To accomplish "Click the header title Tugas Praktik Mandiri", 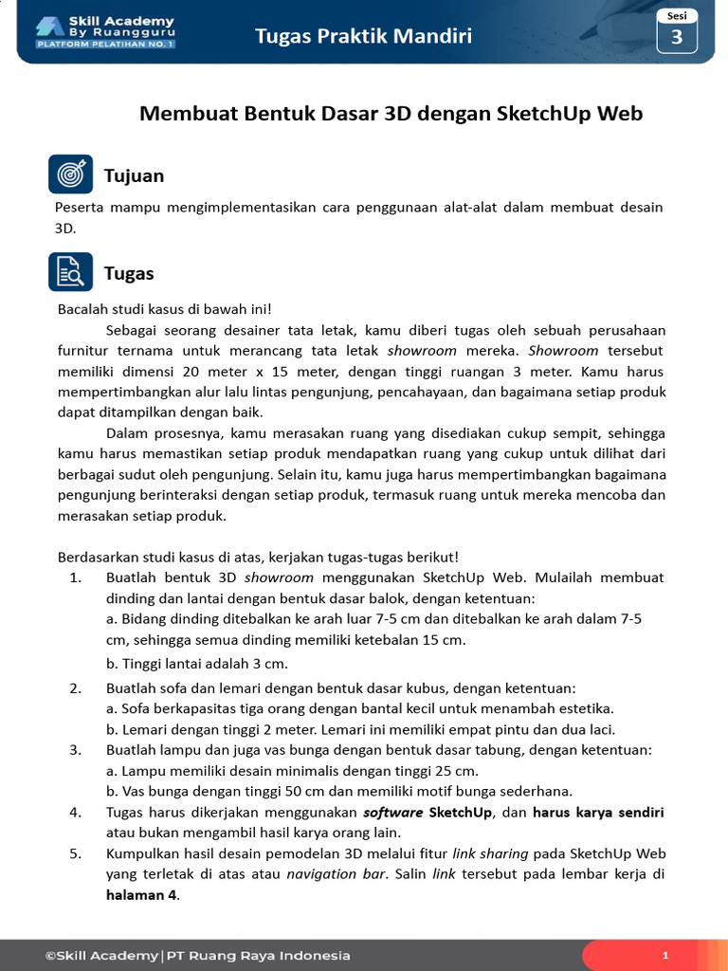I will [363, 37].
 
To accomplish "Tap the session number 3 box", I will [677, 37].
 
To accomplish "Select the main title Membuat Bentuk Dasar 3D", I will [391, 114].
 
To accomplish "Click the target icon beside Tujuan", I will [70, 174].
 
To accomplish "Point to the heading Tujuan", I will [134, 175].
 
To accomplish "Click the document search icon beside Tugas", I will [70, 272].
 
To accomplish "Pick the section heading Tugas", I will [129, 273].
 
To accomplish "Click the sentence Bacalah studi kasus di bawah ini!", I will [165, 310].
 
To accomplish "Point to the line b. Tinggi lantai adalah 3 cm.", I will [197, 663].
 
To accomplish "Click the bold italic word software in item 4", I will [393, 813].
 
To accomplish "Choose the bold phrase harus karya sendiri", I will [598, 813].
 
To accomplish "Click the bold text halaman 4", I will [141, 895].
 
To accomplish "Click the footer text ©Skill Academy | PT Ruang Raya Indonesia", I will [197, 956].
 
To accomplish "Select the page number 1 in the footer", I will [665, 956].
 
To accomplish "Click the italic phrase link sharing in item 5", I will [490, 853].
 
